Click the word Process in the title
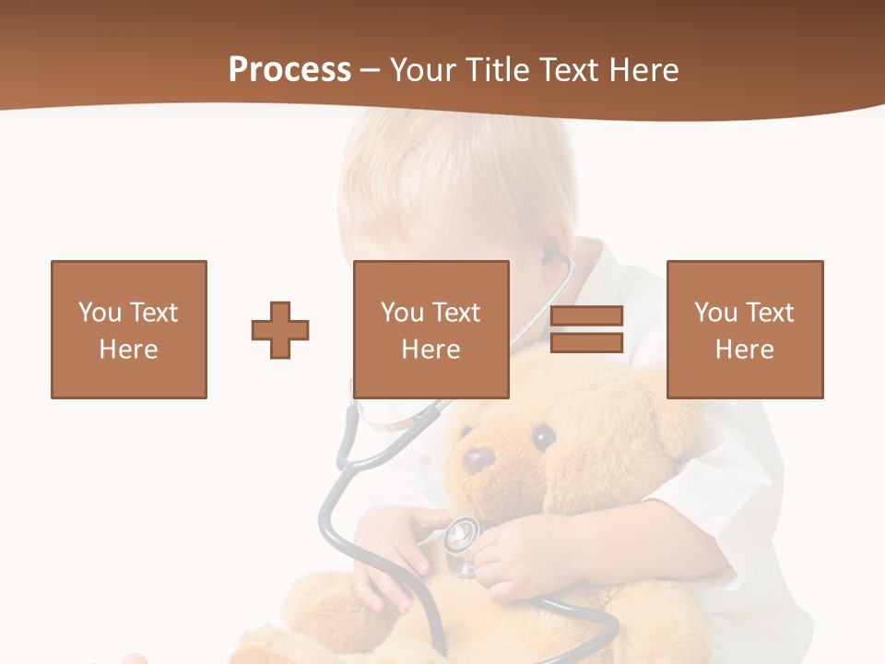coord(289,70)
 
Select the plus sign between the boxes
coord(280,329)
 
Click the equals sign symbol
coord(586,329)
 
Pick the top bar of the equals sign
coord(586,316)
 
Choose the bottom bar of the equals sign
coord(586,343)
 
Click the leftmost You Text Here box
coord(128,329)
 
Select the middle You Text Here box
coord(431,329)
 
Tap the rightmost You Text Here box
coord(744,329)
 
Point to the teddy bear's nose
coord(478,458)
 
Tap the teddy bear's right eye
coord(543,435)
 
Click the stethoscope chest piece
coord(461,535)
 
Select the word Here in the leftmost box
coord(128,350)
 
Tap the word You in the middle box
coord(403,313)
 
